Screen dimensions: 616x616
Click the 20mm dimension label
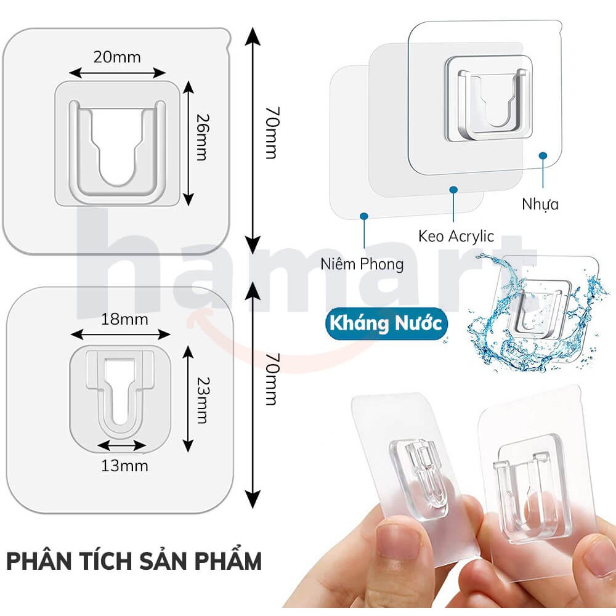pyautogui.click(x=117, y=57)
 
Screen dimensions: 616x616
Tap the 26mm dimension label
pyautogui.click(x=201, y=136)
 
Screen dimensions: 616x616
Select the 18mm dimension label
pyautogui.click(x=125, y=319)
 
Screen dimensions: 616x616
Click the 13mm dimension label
pyautogui.click(x=124, y=466)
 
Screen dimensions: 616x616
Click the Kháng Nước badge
pyautogui.click(x=385, y=324)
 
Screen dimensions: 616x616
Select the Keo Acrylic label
pyautogui.click(x=456, y=236)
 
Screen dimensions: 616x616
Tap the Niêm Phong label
pyautogui.click(x=362, y=264)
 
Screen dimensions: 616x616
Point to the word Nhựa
pyautogui.click(x=540, y=204)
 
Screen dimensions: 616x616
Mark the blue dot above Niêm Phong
pyautogui.click(x=364, y=216)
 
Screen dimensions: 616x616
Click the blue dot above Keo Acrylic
pyautogui.click(x=454, y=190)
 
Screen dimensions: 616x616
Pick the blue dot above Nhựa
pyautogui.click(x=543, y=156)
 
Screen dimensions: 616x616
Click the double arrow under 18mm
pyautogui.click(x=120, y=334)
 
